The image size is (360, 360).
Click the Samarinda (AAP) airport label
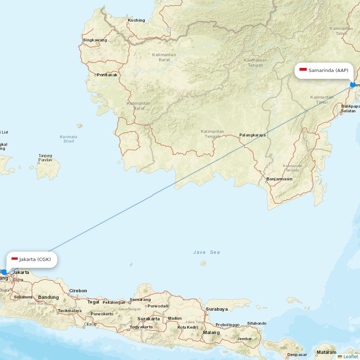point(328,70)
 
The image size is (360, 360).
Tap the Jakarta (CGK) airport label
point(35,259)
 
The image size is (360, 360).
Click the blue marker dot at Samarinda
point(353,85)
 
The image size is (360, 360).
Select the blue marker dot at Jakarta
point(4,272)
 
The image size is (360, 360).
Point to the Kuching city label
point(136,20)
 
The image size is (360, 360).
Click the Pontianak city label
point(107,75)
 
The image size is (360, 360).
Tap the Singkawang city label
point(95,40)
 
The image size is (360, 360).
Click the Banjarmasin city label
point(279,179)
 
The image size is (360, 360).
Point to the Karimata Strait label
point(68,139)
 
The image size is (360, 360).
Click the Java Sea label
point(207,252)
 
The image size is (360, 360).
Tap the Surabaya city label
point(217,309)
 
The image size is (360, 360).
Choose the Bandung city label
point(48,297)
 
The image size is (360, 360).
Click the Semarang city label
point(140,300)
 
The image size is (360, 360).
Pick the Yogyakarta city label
point(141,327)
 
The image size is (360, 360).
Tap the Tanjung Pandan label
point(45,158)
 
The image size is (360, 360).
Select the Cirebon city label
point(78,291)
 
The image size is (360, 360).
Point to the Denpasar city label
point(297,355)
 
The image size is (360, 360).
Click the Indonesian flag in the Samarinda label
point(303,69)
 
